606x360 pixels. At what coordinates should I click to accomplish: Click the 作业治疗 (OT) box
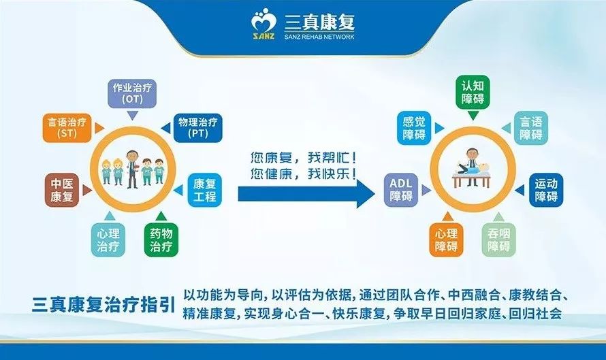click(132, 93)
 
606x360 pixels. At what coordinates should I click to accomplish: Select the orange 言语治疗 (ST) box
click(67, 128)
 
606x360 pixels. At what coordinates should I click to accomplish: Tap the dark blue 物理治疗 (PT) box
click(198, 128)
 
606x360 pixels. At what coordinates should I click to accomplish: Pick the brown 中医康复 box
click(62, 190)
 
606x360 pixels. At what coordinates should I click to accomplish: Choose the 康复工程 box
click(204, 190)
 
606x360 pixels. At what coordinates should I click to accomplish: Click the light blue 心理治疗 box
click(108, 240)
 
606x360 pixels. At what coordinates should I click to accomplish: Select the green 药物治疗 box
click(161, 240)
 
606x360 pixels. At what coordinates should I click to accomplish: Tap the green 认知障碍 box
click(473, 92)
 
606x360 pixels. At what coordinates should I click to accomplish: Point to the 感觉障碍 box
click(414, 128)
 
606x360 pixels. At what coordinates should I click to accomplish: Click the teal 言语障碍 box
click(530, 128)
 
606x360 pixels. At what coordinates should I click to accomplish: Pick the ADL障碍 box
click(401, 190)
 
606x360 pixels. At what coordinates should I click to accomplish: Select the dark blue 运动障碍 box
click(545, 190)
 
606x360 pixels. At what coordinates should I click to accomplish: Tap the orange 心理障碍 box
click(446, 240)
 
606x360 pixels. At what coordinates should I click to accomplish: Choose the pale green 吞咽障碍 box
click(498, 240)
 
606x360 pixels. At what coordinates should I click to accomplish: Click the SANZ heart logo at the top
click(264, 24)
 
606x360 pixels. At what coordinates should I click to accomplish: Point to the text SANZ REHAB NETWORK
click(319, 37)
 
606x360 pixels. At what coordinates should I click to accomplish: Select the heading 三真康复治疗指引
click(103, 304)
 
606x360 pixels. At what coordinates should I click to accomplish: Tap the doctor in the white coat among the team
click(132, 169)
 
